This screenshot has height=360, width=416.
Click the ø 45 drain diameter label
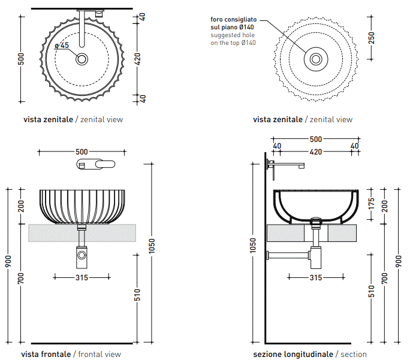click(62, 46)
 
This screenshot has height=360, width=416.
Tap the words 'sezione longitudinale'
click(293, 354)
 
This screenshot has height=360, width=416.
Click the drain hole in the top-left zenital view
click(82, 59)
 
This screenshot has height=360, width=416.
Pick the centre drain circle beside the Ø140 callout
click(315, 59)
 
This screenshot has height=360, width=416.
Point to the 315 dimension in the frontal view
click(82, 277)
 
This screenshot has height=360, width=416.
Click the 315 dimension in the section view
click(315, 277)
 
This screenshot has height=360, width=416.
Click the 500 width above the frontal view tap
click(82, 151)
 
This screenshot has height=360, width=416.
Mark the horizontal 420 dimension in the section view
click(315, 152)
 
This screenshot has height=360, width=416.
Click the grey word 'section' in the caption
click(354, 354)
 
